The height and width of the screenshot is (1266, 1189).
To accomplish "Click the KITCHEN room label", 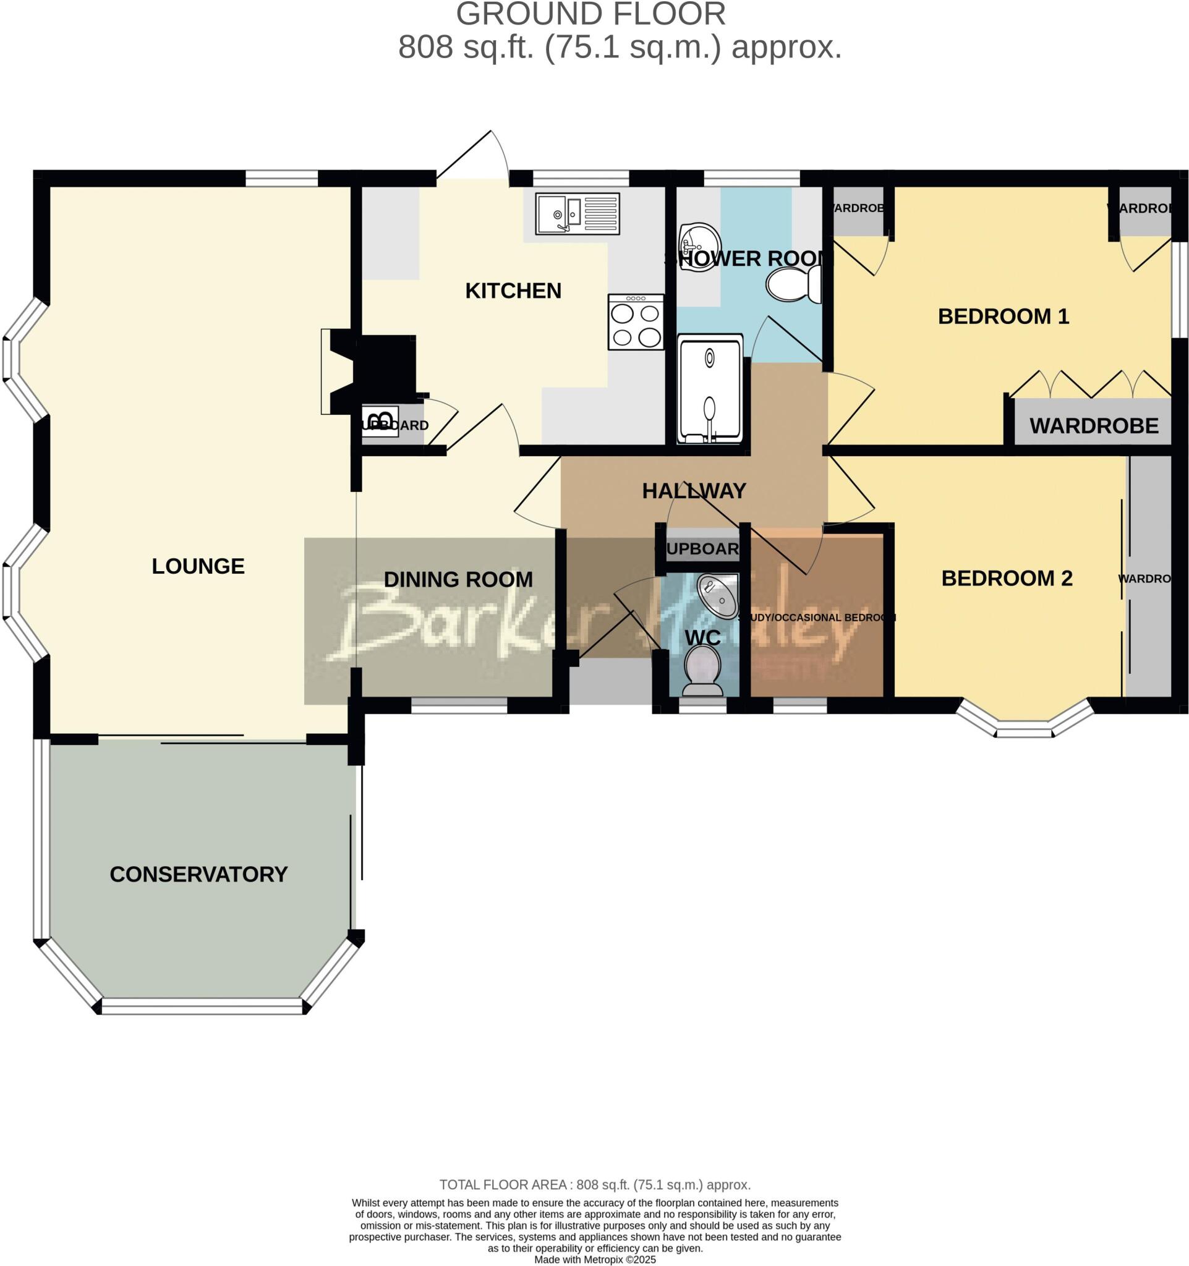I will (513, 291).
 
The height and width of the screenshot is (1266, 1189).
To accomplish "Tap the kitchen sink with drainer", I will (577, 213).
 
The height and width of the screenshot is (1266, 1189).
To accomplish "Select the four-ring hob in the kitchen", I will (635, 321).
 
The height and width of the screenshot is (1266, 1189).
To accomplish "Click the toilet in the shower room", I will (793, 284).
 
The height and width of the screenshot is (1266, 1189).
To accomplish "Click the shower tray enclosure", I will (710, 388).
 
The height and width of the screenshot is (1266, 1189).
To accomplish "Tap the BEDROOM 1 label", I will (1003, 316).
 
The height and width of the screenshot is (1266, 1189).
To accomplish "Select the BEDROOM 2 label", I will (1006, 578).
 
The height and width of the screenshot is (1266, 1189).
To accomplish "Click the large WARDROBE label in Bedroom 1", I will (1094, 426).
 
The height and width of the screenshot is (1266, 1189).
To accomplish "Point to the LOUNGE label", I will (198, 566).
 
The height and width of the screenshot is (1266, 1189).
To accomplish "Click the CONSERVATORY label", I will (198, 874).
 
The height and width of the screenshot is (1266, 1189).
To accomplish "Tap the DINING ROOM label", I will (458, 579).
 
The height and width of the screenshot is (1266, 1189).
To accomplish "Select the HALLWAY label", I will (694, 491).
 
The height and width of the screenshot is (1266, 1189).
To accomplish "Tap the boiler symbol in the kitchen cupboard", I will (380, 421).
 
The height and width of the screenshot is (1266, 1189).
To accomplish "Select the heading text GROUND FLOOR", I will (590, 14).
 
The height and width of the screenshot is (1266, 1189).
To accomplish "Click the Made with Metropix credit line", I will (594, 1260).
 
